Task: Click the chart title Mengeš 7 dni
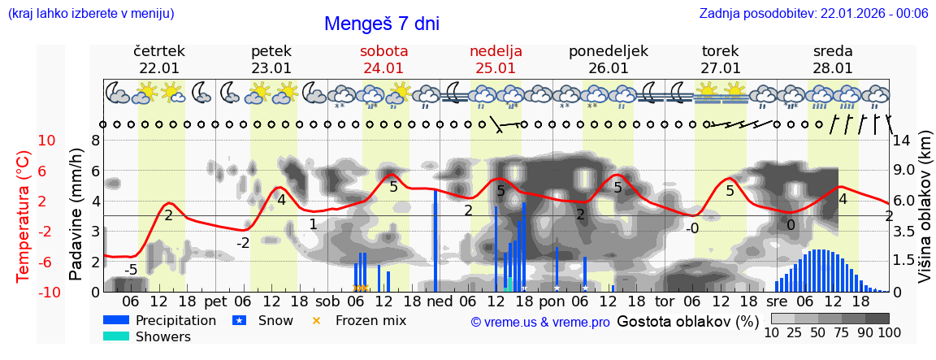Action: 381,24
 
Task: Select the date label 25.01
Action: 496,68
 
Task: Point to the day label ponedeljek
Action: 608,51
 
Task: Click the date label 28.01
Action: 833,68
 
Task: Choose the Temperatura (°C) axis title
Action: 24,217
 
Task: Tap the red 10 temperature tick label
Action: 47,140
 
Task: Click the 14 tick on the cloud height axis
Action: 903,140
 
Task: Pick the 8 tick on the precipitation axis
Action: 95,140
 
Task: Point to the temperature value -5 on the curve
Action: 130,270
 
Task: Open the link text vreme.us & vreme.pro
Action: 540,322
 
